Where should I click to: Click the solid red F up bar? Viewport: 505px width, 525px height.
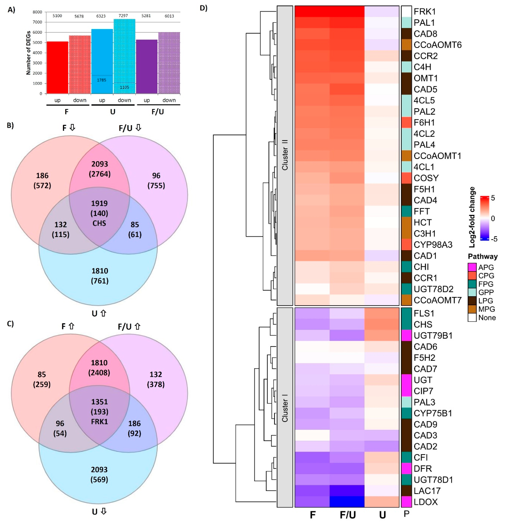click(57, 67)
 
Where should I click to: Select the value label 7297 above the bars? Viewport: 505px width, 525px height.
click(123, 16)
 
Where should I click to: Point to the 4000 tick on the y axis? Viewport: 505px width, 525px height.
click(37, 53)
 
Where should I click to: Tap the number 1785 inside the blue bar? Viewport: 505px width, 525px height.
click(102, 80)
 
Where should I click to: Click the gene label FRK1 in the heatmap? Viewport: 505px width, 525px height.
click(425, 12)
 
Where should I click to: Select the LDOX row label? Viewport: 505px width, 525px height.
click(425, 502)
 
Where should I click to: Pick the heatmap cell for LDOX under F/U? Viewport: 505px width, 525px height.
click(347, 502)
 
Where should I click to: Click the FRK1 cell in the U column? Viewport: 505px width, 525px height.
click(382, 12)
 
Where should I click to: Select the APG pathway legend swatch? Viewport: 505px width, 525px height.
click(472, 267)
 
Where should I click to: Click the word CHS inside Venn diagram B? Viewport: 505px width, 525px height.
click(99, 223)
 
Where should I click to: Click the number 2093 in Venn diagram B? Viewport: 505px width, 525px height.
click(99, 164)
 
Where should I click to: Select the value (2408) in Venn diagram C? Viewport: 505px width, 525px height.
click(99, 373)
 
